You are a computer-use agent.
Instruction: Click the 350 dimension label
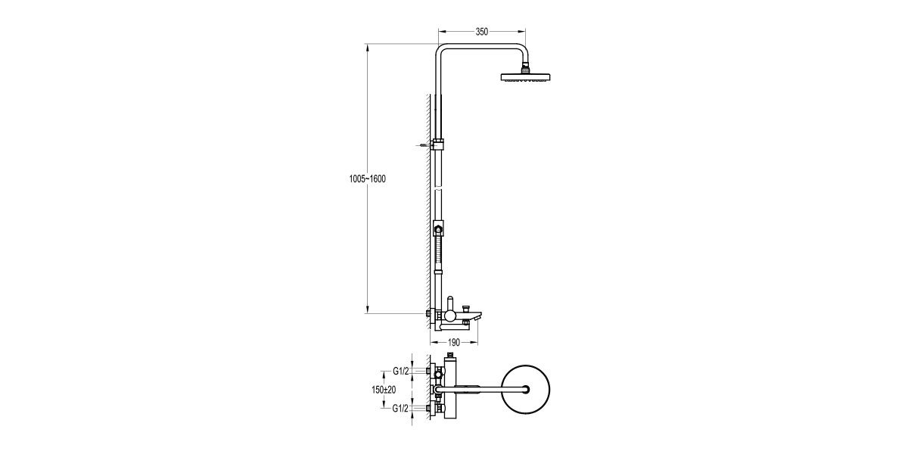[x=481, y=32]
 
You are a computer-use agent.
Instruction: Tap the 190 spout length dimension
[x=452, y=343]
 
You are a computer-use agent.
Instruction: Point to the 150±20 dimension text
[x=384, y=390]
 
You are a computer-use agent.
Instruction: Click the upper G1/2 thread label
[x=401, y=371]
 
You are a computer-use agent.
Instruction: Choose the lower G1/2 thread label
[x=401, y=409]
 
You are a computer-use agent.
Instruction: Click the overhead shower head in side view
[x=526, y=77]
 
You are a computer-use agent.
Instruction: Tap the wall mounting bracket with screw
[x=438, y=144]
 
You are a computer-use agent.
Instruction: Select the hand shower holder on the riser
[x=439, y=228]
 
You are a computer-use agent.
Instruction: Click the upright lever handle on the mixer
[x=449, y=303]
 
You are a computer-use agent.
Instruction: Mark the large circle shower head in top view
[x=523, y=390]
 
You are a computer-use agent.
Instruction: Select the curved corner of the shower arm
[x=442, y=51]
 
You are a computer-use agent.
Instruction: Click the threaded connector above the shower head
[x=526, y=70]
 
